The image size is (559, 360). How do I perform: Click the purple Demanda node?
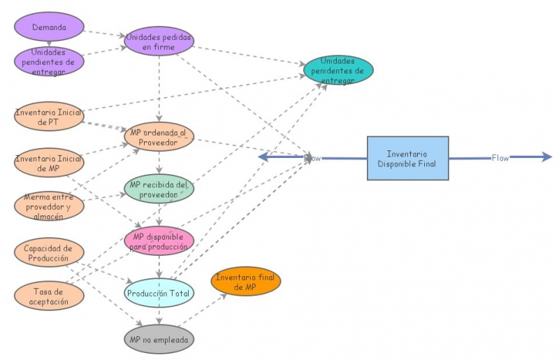click(49, 27)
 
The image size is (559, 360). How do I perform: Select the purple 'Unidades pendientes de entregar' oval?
click(49, 62)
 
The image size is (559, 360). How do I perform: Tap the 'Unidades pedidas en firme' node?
click(159, 41)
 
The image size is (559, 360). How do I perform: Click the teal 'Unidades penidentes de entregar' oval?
click(338, 70)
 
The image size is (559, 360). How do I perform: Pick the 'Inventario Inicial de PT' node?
click(49, 116)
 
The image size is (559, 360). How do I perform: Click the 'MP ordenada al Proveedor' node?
click(159, 136)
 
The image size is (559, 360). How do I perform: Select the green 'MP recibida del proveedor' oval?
click(159, 189)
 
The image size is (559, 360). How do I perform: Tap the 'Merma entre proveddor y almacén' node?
click(49, 206)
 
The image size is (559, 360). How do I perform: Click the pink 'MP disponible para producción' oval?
click(159, 241)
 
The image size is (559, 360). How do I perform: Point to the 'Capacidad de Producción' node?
click(49, 252)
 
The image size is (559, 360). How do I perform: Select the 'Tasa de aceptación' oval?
click(49, 296)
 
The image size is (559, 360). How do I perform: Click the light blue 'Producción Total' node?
click(159, 293)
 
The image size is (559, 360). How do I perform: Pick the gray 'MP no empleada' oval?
click(159, 339)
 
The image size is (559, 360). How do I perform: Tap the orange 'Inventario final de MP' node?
click(246, 281)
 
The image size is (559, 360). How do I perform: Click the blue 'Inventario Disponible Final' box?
click(408, 158)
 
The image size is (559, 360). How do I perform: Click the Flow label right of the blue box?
click(500, 158)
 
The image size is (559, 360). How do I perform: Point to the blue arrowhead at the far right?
click(547, 157)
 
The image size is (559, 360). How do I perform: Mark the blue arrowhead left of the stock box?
click(263, 157)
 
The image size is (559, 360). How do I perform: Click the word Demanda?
click(49, 27)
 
